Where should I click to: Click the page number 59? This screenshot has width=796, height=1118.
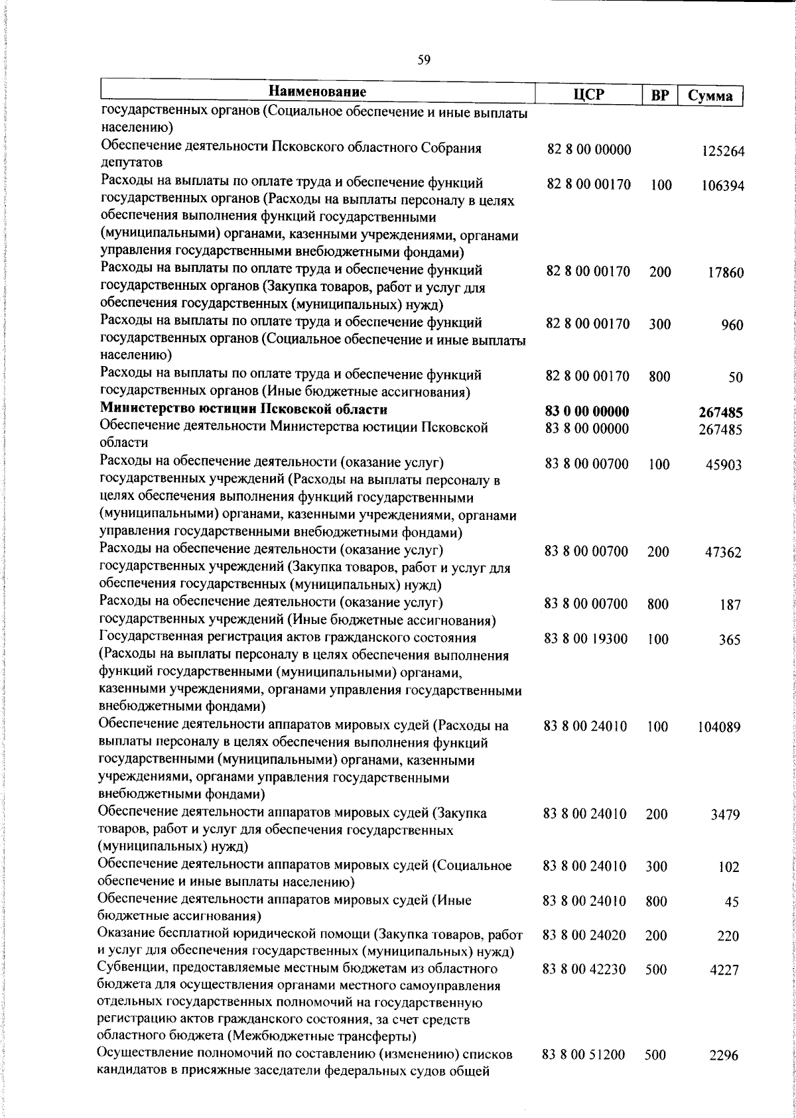click(x=424, y=60)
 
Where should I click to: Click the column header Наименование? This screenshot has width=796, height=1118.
click(x=318, y=92)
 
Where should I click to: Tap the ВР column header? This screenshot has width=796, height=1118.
click(x=659, y=95)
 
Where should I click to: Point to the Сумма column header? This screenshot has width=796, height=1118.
click(x=710, y=95)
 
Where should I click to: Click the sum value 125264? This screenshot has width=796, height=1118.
click(x=723, y=151)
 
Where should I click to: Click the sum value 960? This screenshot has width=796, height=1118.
click(x=732, y=326)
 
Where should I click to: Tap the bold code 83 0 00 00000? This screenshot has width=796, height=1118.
click(x=587, y=412)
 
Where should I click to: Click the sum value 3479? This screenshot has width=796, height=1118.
click(x=725, y=815)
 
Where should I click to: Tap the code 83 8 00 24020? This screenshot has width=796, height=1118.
click(x=584, y=936)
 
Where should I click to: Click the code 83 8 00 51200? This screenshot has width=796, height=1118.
click(x=584, y=1054)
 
